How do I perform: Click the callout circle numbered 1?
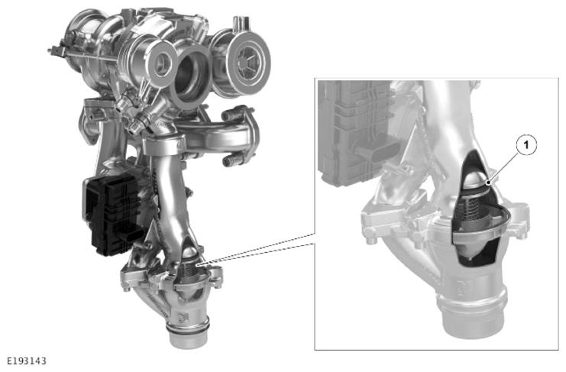tap(526, 145)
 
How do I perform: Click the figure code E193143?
tap(27, 361)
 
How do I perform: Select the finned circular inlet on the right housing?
tap(249, 64)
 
